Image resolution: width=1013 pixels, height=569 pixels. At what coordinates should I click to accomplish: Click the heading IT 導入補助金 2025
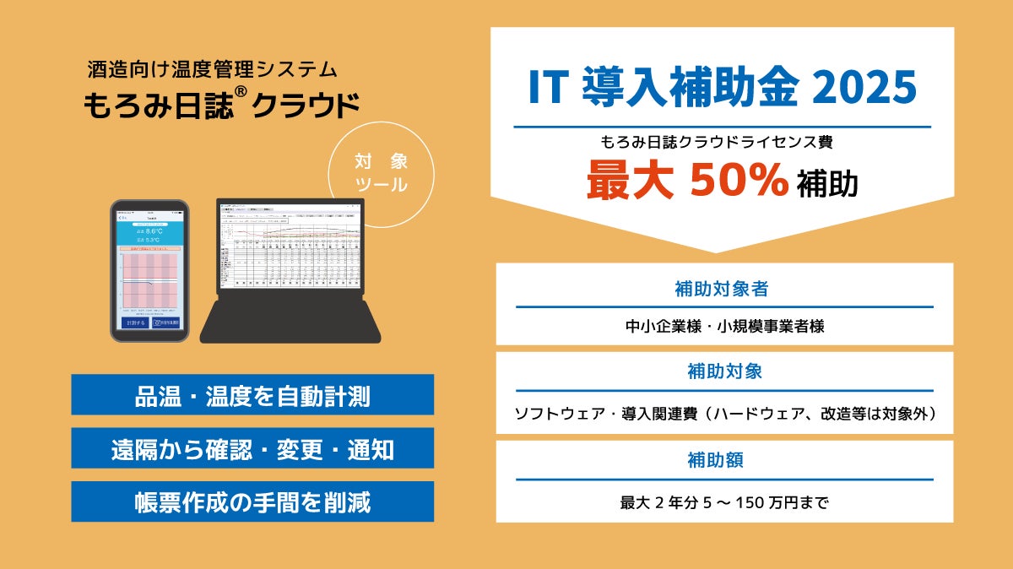click(722, 88)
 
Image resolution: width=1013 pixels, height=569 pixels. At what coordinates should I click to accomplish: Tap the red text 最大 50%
click(689, 181)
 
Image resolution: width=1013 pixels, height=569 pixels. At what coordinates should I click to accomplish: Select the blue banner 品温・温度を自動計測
click(252, 395)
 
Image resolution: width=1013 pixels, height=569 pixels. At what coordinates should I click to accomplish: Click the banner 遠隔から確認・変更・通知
click(252, 448)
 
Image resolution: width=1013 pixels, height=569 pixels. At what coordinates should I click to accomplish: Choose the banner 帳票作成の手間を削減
click(252, 501)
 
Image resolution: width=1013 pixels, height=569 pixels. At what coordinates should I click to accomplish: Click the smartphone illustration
click(149, 269)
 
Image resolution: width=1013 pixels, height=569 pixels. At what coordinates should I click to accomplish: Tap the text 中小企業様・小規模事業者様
click(724, 326)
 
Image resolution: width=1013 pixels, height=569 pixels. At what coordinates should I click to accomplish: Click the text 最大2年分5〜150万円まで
click(724, 503)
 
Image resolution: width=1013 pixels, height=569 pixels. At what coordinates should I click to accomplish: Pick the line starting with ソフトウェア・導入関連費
click(724, 415)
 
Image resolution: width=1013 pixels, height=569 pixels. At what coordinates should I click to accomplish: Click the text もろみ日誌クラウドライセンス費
click(717, 142)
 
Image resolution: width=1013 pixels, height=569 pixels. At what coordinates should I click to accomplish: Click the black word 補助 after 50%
click(827, 184)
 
